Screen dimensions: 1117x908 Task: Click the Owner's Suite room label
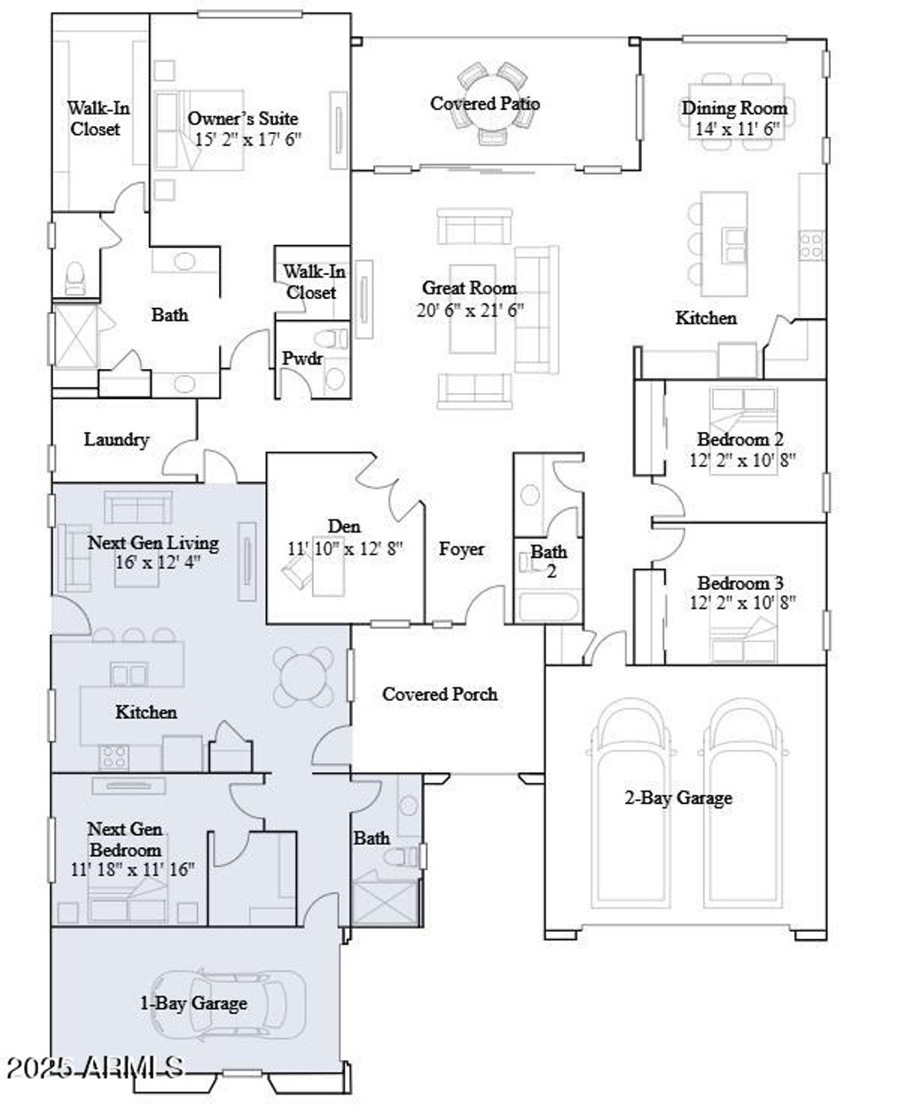pos(242,119)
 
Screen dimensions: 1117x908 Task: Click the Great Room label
pos(469,288)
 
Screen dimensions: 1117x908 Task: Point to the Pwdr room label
pos(302,358)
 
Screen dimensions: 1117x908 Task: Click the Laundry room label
pos(116,439)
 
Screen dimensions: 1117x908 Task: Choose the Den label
pos(344,527)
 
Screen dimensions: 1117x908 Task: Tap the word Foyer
pos(461,549)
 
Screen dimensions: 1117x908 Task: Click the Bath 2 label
pos(549,561)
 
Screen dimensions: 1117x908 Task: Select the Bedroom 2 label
pos(740,439)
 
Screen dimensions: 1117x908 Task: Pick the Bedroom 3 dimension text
pos(742,603)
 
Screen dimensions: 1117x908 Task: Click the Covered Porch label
pos(439,694)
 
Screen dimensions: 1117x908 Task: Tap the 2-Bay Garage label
pos(678,798)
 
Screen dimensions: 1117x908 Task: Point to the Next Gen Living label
pos(153,542)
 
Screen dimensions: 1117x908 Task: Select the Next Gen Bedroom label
pos(124,839)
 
